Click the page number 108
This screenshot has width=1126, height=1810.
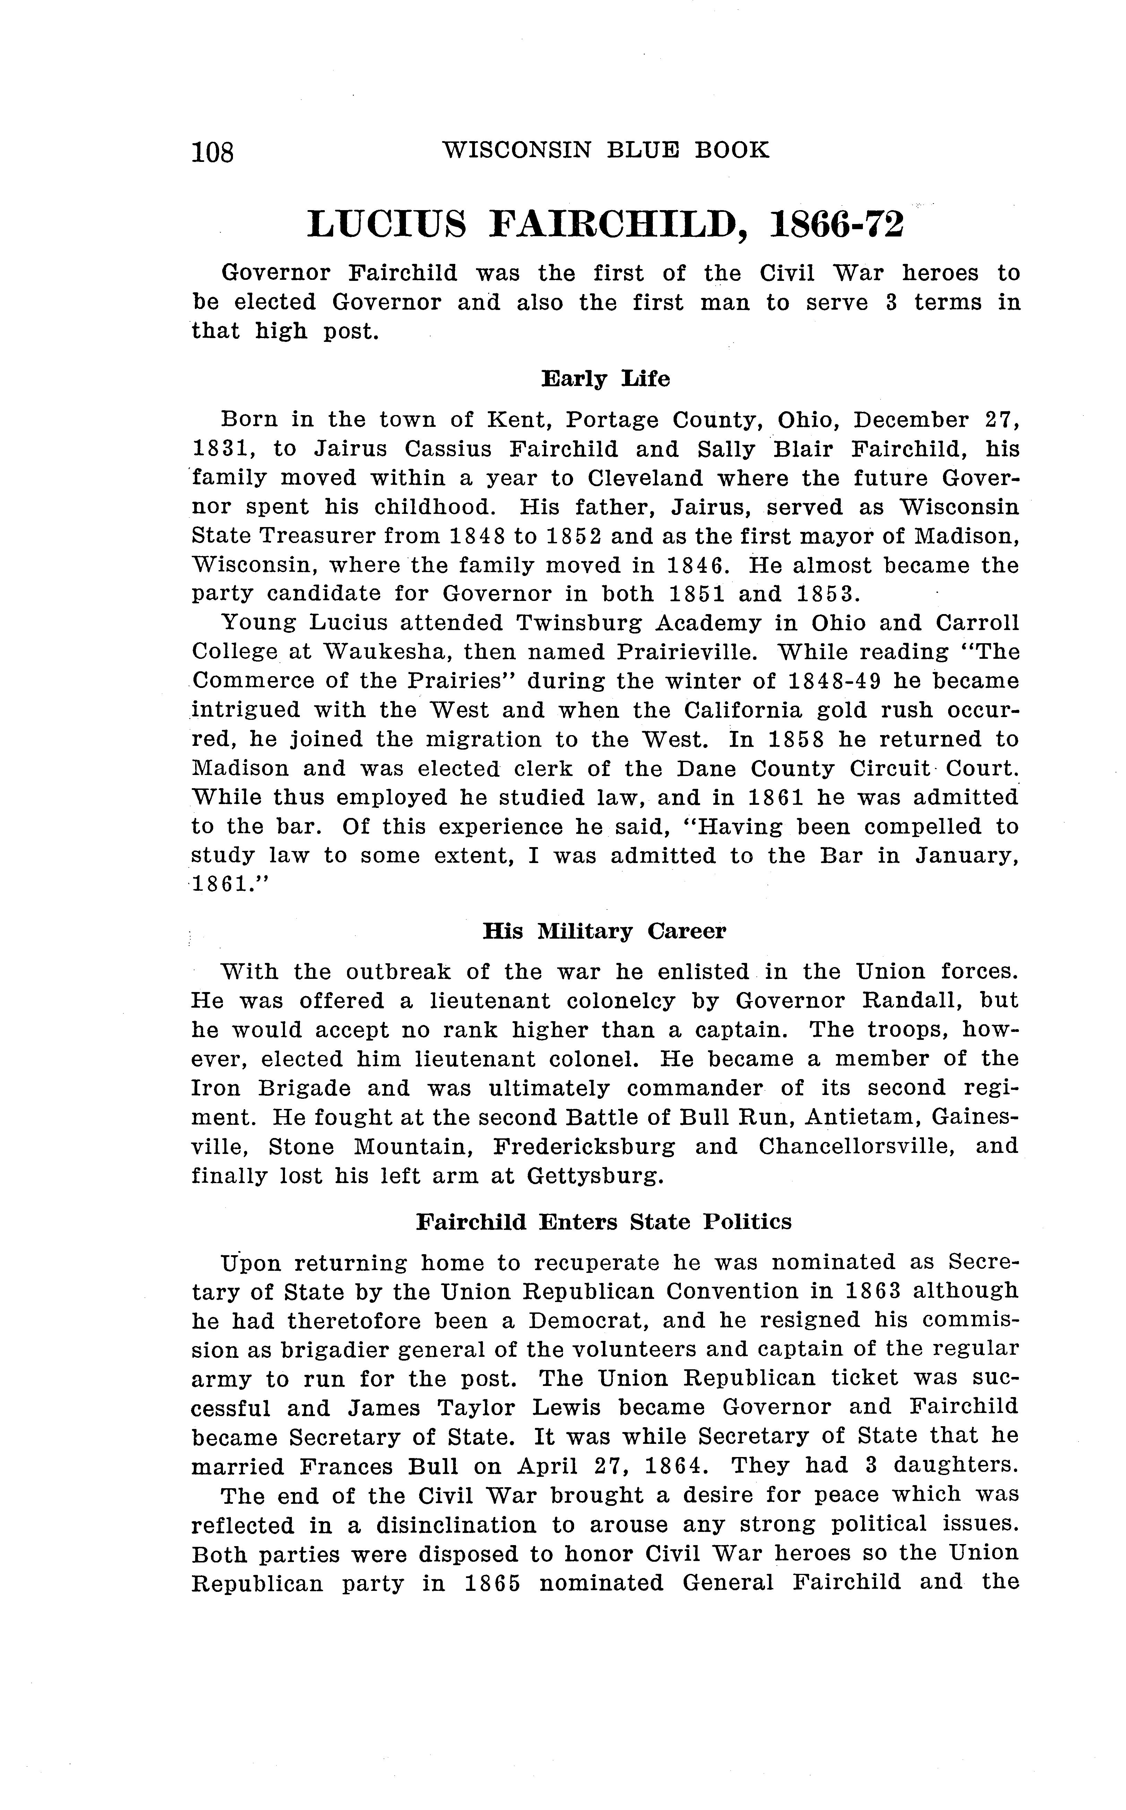click(213, 152)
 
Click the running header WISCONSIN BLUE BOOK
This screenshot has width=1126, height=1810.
click(605, 150)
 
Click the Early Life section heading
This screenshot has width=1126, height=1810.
click(605, 379)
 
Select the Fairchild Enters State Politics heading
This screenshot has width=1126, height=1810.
click(604, 1222)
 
